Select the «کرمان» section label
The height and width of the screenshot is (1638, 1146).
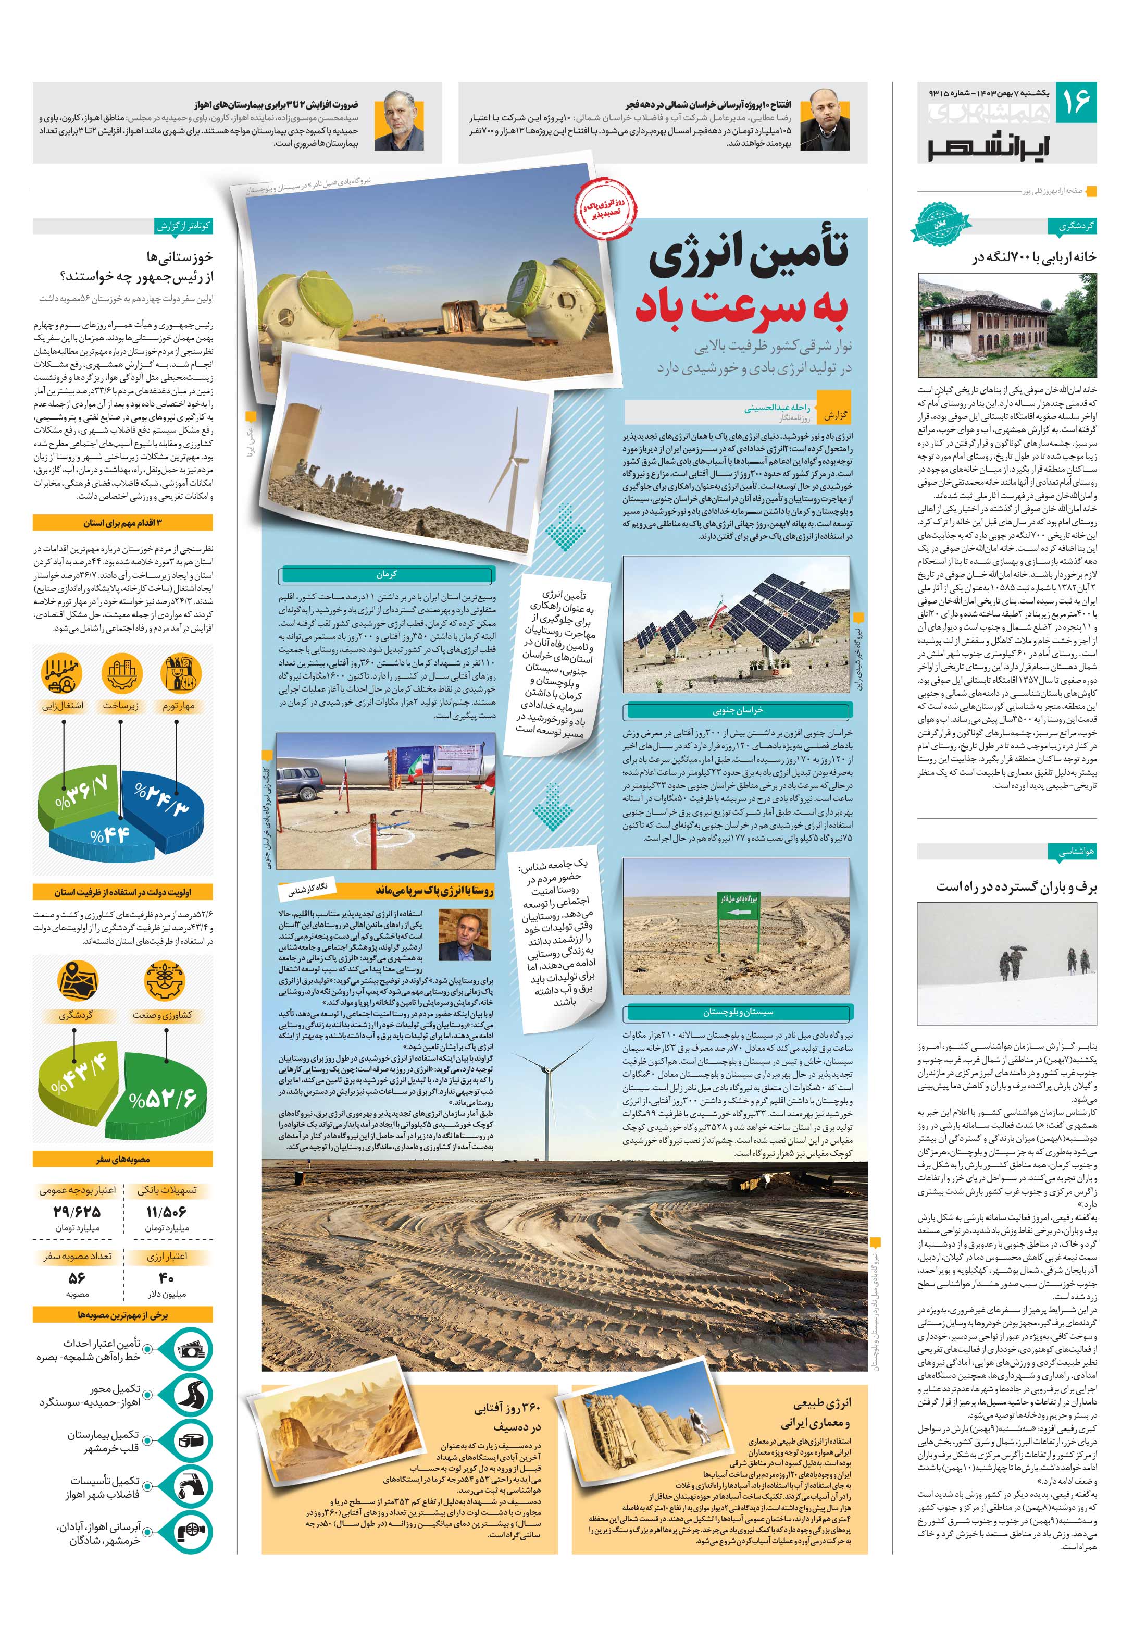tap(387, 575)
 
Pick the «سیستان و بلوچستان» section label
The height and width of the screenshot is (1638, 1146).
tap(738, 1012)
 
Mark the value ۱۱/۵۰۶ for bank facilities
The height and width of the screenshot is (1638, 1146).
tap(166, 1211)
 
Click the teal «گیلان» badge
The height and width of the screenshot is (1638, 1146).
tap(941, 223)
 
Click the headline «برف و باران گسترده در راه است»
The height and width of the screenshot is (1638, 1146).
tap(1016, 887)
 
